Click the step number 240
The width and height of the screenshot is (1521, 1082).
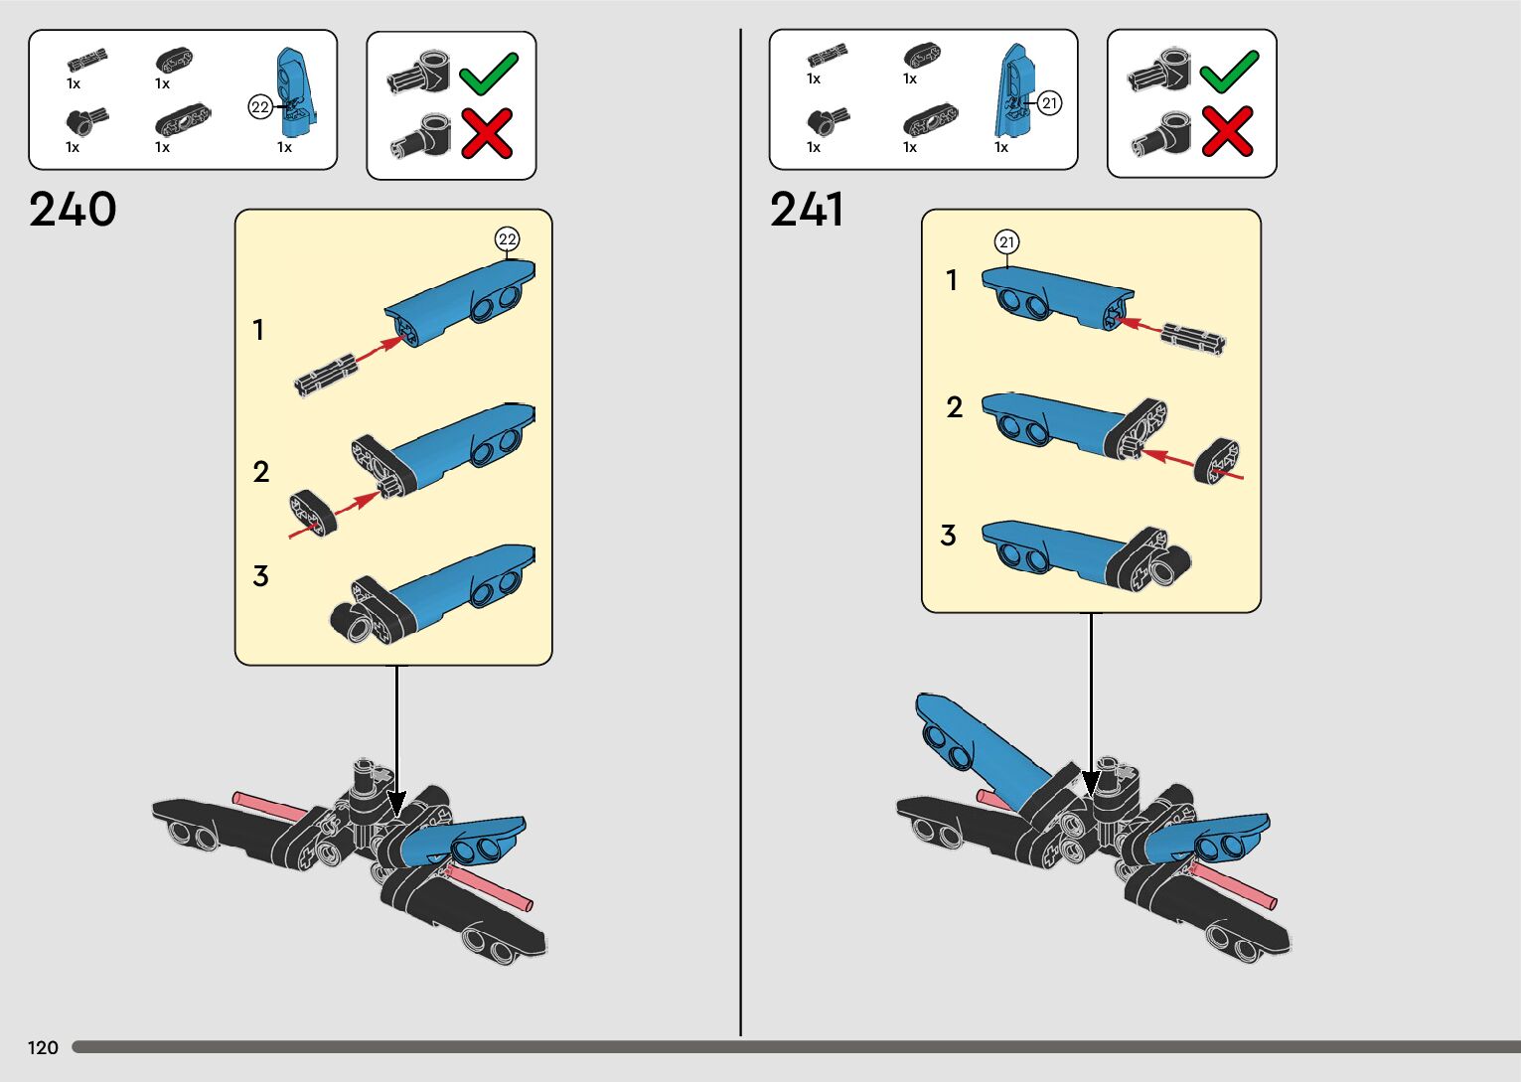click(73, 210)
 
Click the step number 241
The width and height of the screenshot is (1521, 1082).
click(807, 210)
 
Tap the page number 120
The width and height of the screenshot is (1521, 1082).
click(43, 1047)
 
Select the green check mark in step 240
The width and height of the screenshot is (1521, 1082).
click(488, 73)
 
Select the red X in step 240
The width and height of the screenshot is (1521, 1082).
click(487, 133)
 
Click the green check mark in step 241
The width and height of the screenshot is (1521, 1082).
click(1229, 72)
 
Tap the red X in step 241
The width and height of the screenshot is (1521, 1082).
click(1228, 132)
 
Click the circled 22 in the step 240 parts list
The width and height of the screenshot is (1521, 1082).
click(260, 107)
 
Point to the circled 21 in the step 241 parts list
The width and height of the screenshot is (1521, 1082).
click(1050, 102)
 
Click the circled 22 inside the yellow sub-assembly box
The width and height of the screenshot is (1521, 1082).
click(508, 239)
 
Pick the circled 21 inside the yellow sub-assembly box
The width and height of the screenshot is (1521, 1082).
click(1007, 242)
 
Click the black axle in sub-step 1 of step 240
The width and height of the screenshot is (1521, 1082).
click(325, 375)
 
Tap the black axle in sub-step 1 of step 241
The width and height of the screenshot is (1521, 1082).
click(1193, 338)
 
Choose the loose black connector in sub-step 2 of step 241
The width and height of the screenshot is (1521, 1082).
click(1217, 463)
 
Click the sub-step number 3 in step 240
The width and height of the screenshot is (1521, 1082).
click(260, 576)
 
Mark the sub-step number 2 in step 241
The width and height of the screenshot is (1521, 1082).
click(955, 407)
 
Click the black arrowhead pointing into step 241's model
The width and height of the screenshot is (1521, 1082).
click(1091, 784)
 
